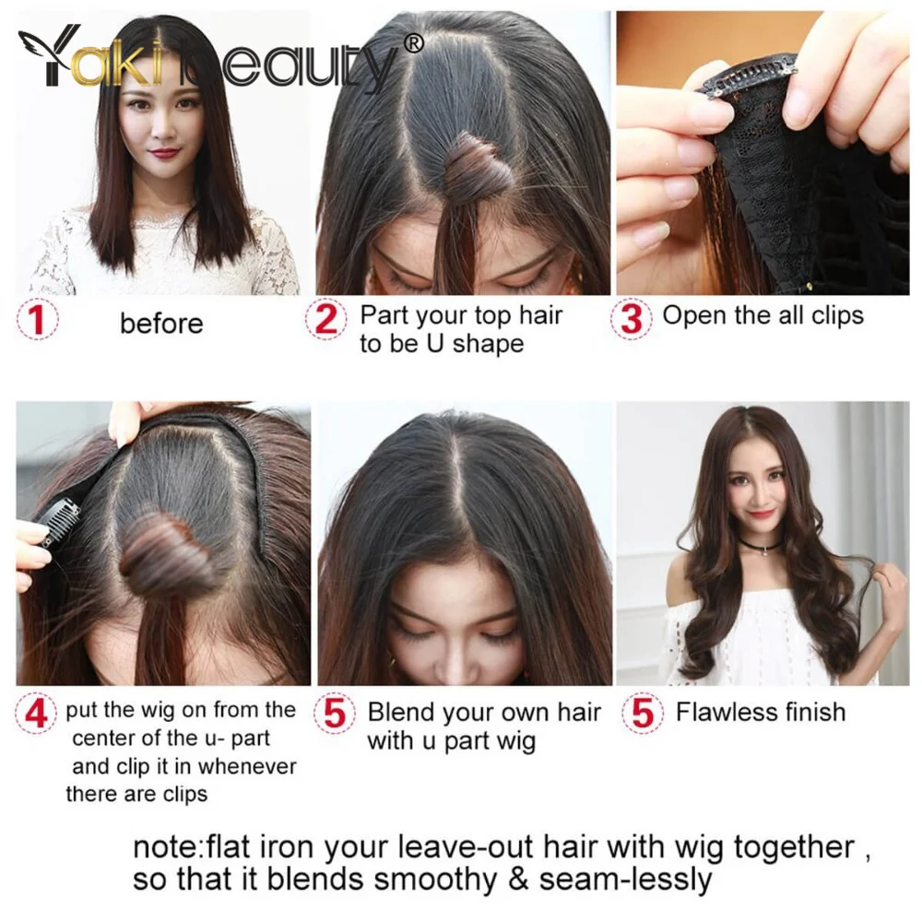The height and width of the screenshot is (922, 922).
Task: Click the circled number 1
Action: coord(37,320)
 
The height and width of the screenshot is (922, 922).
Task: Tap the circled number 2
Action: coord(326,319)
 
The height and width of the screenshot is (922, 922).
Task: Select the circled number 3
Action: coord(632,319)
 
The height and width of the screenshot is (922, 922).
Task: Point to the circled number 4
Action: coord(36,714)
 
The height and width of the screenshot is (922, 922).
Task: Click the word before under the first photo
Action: coord(161,324)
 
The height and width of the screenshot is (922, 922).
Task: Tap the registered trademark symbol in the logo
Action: coord(414,43)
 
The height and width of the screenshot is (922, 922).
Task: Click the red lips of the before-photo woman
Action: coord(164,153)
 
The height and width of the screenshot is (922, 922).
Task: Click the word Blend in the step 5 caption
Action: coord(401,712)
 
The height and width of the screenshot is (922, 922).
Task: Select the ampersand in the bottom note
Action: coord(517,880)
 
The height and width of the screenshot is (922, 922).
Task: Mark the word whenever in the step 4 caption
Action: coord(248,767)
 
